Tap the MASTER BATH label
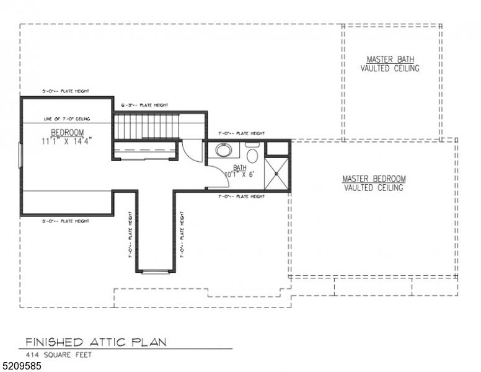click(x=390, y=60)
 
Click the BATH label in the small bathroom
click(x=239, y=167)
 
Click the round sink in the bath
click(x=223, y=150)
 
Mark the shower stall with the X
click(x=276, y=174)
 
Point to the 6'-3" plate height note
click(x=144, y=105)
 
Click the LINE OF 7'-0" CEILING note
click(x=68, y=118)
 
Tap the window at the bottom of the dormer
click(x=154, y=271)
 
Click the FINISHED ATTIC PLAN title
click(x=95, y=342)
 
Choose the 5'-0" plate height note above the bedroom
click(x=66, y=91)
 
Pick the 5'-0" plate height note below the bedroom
click(x=66, y=221)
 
